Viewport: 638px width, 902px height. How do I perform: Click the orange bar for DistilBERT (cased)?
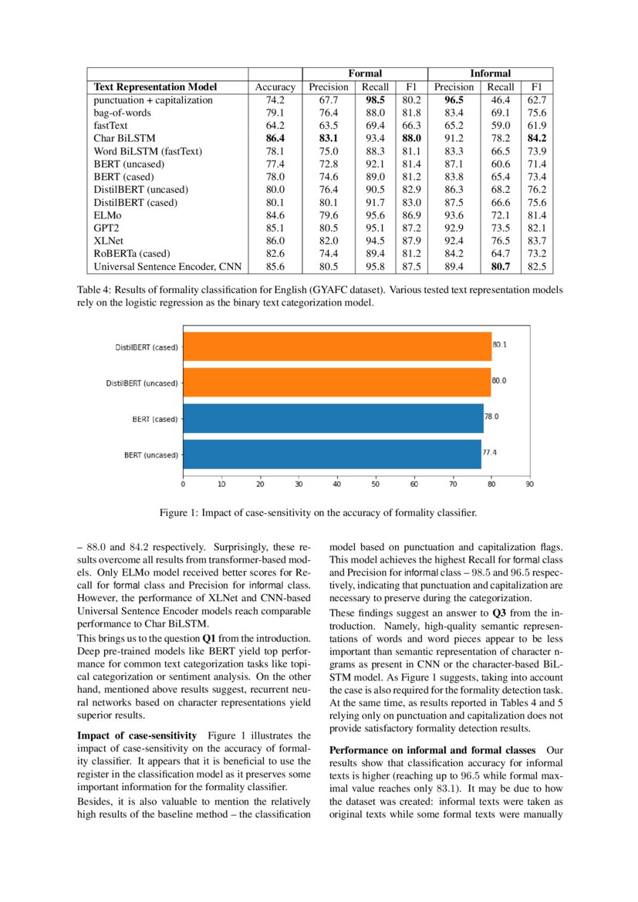(337, 346)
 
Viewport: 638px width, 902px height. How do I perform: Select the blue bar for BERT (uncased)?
(332, 454)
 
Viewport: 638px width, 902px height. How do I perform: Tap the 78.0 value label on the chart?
(491, 417)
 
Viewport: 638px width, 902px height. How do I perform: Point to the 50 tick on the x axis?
(376, 485)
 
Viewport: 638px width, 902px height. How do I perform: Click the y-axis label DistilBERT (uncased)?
(142, 383)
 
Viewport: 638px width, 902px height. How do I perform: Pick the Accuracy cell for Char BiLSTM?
(275, 139)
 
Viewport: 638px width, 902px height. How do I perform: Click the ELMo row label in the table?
(106, 215)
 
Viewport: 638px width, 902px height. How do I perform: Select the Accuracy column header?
(275, 87)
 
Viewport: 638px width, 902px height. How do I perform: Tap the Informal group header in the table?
(490, 74)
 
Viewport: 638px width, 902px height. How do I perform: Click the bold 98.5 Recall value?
(376, 100)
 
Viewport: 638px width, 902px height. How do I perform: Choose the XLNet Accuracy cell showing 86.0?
(275, 241)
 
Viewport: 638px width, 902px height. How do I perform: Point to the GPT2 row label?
(106, 228)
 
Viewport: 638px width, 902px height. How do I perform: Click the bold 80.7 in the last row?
(501, 267)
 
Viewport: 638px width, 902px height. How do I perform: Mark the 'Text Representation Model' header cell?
(155, 87)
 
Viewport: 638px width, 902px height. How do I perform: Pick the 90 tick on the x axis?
(529, 485)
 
